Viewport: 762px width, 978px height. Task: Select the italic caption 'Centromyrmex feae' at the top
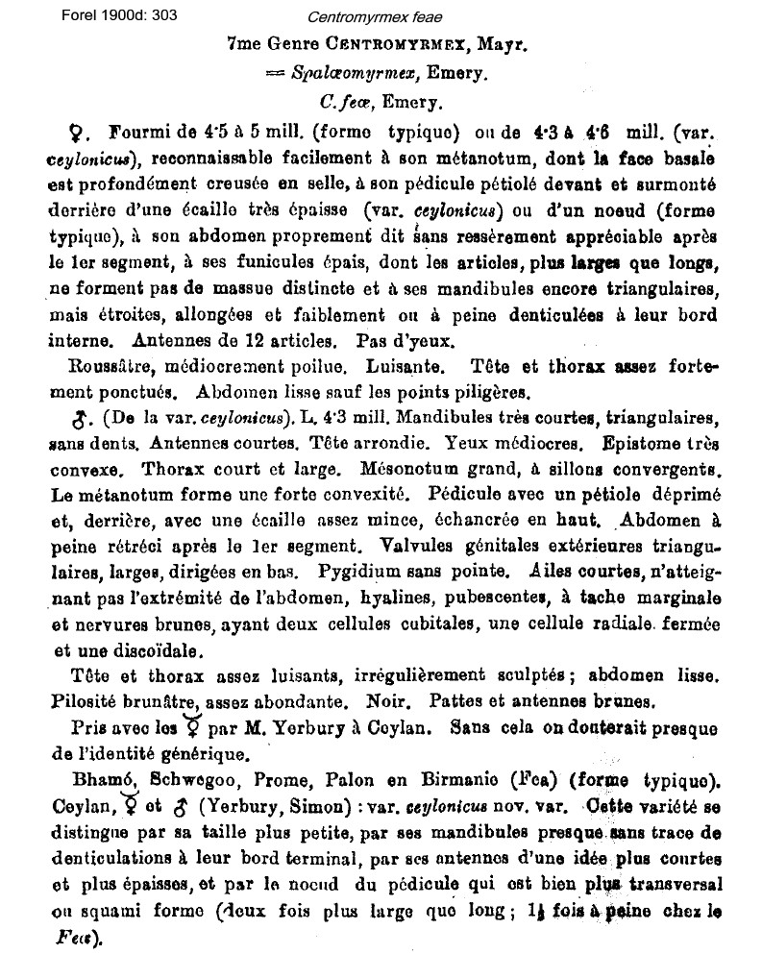362,17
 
